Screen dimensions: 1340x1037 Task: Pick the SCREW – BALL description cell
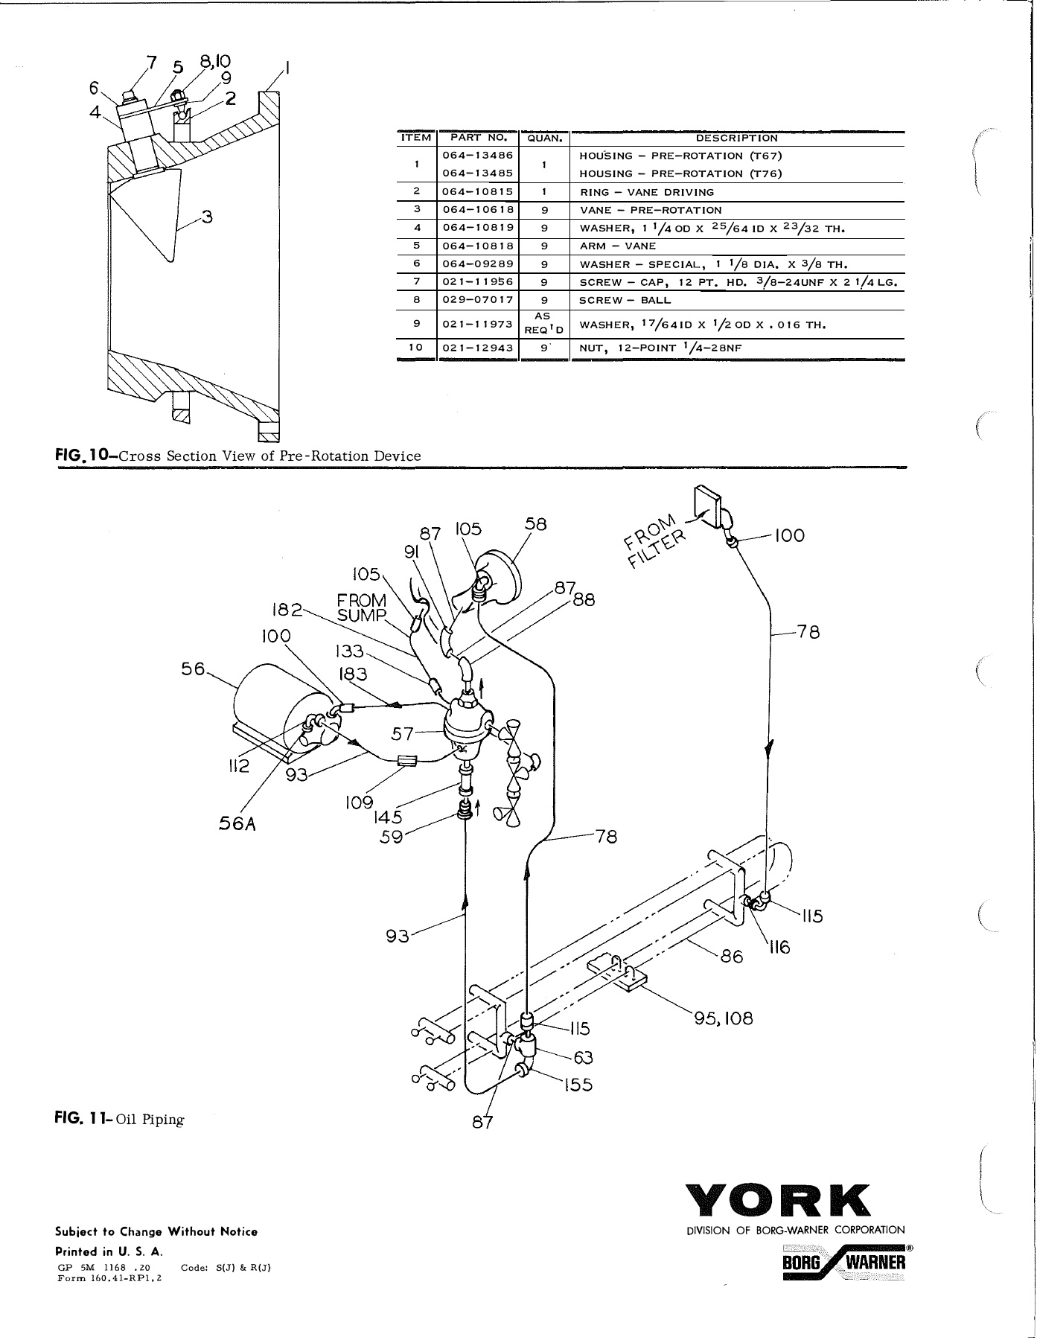pyautogui.click(x=625, y=301)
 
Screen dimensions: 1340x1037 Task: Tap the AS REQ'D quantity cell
pyautogui.click(x=543, y=324)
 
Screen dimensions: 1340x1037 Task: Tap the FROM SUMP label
pyautogui.click(x=363, y=607)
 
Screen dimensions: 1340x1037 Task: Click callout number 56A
pyautogui.click(x=238, y=824)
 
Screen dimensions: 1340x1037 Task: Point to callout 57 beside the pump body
pyautogui.click(x=403, y=734)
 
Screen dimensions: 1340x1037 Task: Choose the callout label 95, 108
pyautogui.click(x=723, y=1018)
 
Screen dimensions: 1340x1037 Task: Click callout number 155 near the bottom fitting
pyautogui.click(x=578, y=1085)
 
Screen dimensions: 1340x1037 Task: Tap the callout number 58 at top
pyautogui.click(x=535, y=523)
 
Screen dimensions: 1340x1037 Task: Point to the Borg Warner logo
pyautogui.click(x=844, y=1263)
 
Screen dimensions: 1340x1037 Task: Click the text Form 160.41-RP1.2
pyautogui.click(x=109, y=1278)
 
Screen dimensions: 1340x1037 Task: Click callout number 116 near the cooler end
pyautogui.click(x=779, y=948)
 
